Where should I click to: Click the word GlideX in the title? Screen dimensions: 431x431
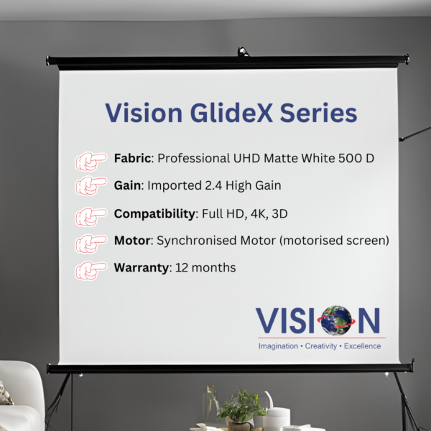tap(231, 113)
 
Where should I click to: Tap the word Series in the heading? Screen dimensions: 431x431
tap(318, 113)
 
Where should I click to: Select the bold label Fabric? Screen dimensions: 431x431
tap(132, 158)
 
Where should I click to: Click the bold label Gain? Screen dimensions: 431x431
tap(127, 185)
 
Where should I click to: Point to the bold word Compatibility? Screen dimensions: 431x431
tap(154, 213)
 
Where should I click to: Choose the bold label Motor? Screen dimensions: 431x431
tap(132, 240)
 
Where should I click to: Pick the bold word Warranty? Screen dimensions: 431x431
tap(142, 268)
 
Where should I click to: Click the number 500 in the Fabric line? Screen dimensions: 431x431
tap(348, 158)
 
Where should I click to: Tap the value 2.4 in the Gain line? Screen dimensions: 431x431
tap(213, 185)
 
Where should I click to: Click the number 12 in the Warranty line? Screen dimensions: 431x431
tap(182, 267)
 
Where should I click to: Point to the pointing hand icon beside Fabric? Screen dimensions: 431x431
tap(91, 161)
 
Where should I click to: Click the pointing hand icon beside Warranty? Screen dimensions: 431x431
tap(91, 271)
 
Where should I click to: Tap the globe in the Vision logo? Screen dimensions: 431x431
tap(336, 320)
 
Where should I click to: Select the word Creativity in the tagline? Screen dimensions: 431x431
tap(321, 346)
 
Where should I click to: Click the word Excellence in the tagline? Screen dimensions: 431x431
tap(362, 346)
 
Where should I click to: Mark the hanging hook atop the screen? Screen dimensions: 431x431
tap(244, 52)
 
